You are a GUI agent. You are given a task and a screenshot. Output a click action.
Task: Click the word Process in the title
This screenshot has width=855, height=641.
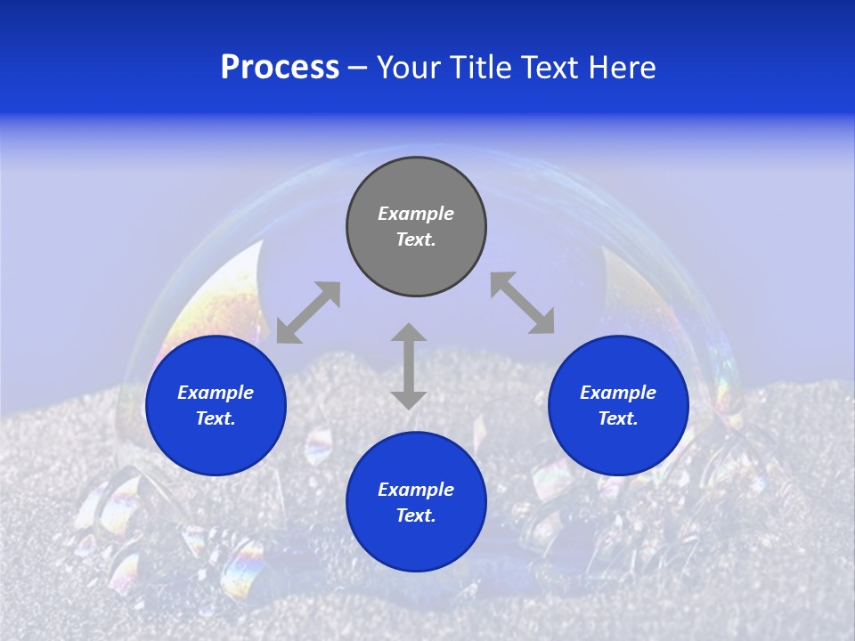coord(280,68)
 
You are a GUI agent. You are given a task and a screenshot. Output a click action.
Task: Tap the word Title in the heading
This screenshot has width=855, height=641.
coord(481,68)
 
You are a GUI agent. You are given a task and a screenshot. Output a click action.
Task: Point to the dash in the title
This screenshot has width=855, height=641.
coord(357,69)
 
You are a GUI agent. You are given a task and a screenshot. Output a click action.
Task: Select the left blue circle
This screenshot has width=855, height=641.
coord(216,405)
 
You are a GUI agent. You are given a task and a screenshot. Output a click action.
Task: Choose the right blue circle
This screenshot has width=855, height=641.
coord(618,405)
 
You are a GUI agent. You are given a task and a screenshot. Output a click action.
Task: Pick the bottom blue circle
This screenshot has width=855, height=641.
coord(416,501)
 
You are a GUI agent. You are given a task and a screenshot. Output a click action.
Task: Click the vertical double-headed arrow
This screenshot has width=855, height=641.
coord(409,366)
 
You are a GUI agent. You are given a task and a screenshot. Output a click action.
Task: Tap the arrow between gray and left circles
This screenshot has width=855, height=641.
coord(308,312)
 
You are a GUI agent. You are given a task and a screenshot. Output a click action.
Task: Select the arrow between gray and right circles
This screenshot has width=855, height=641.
coord(522,303)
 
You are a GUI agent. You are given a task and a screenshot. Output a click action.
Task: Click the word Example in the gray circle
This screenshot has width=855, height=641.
coord(416,214)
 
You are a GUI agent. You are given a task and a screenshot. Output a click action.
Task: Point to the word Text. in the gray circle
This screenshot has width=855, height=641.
coord(416,239)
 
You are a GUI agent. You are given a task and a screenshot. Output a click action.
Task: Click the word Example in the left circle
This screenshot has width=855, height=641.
coord(216,393)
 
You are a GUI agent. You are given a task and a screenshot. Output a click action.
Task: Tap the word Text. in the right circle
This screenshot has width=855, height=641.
coord(618,418)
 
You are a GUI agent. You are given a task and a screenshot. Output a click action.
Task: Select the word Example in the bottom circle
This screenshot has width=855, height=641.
coord(416,490)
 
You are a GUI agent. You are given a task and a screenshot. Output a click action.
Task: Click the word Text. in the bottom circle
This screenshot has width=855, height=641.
coord(416,515)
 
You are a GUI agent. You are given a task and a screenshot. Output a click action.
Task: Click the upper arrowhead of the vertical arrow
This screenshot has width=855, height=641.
coord(409,333)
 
